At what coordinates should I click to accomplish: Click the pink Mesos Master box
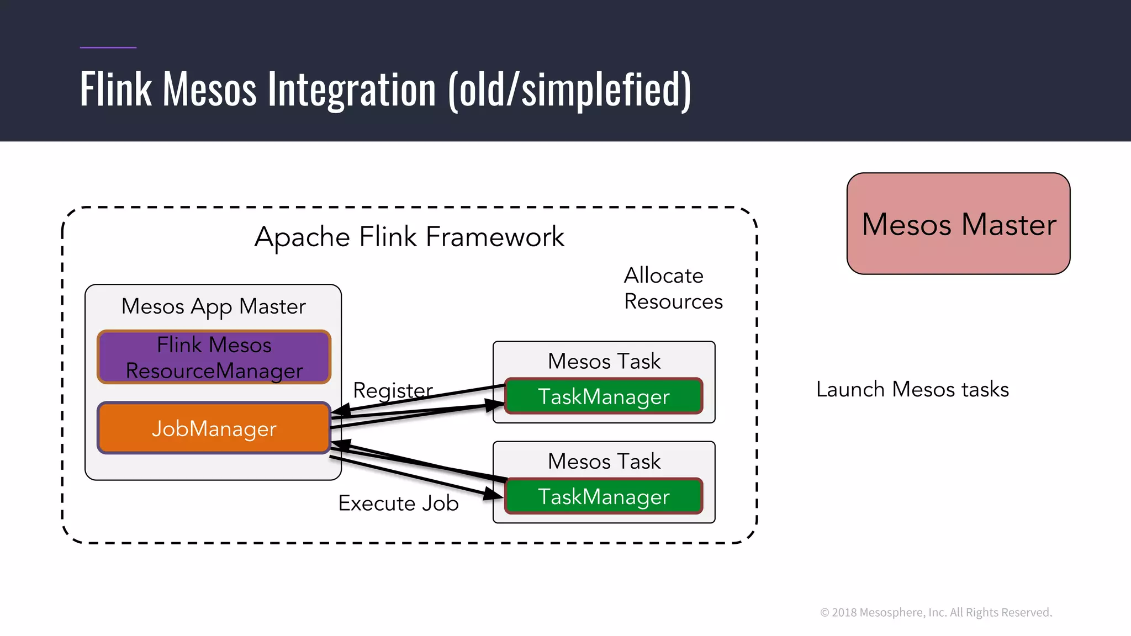pyautogui.click(x=958, y=224)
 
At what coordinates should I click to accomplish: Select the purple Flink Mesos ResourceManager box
pyautogui.click(x=214, y=357)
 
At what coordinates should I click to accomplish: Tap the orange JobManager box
pyautogui.click(x=214, y=428)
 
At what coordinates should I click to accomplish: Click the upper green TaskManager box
pyautogui.click(x=604, y=396)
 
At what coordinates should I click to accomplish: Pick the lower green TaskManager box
pyautogui.click(x=604, y=496)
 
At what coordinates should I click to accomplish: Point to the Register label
pyautogui.click(x=393, y=390)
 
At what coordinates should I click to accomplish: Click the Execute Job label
pyautogui.click(x=398, y=503)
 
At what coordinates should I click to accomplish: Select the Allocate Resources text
pyautogui.click(x=673, y=288)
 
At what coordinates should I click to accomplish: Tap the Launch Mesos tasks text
pyautogui.click(x=912, y=389)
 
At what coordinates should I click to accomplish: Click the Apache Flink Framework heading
pyautogui.click(x=409, y=237)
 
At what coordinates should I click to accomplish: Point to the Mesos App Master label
pyautogui.click(x=213, y=306)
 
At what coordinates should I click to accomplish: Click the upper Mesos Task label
pyautogui.click(x=604, y=361)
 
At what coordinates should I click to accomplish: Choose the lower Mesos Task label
pyautogui.click(x=604, y=461)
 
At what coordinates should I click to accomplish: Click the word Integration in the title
pyautogui.click(x=352, y=89)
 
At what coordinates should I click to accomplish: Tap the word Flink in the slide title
pyautogui.click(x=115, y=89)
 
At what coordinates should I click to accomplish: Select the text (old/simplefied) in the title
pyautogui.click(x=569, y=89)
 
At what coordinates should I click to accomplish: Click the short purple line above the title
pyautogui.click(x=108, y=47)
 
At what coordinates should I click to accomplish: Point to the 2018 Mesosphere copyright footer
pyautogui.click(x=936, y=612)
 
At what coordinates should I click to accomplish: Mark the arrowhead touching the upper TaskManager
pyautogui.click(x=495, y=405)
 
